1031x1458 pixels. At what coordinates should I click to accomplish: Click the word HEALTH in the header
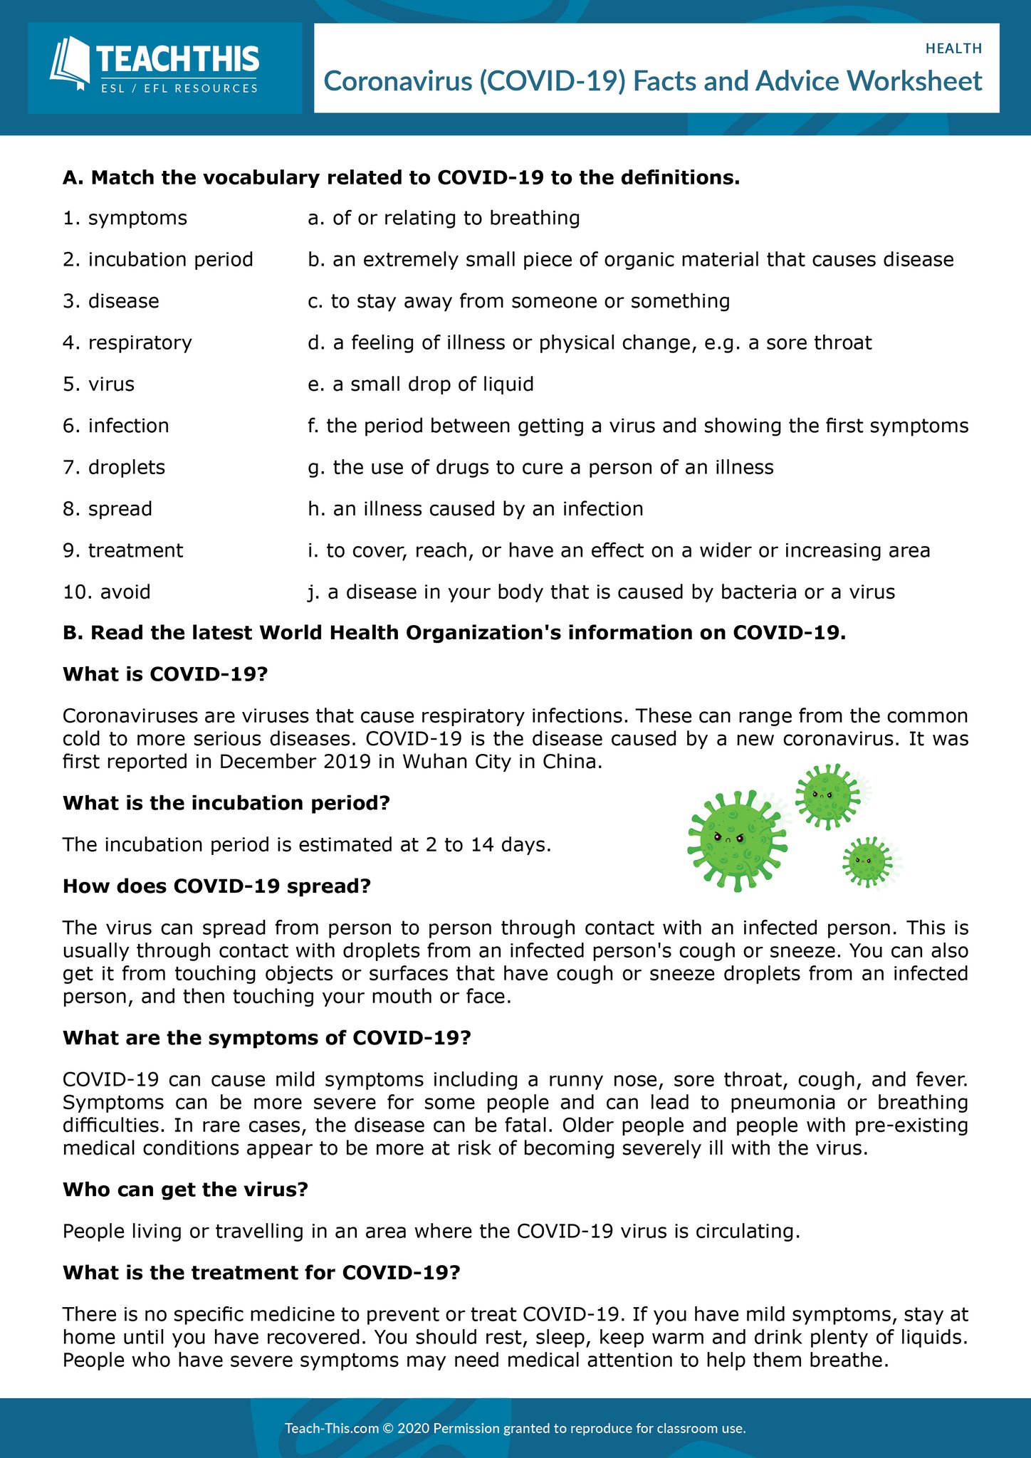click(953, 48)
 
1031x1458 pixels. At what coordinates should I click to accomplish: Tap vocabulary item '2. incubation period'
click(157, 259)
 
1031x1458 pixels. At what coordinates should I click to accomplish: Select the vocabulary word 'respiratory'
click(140, 342)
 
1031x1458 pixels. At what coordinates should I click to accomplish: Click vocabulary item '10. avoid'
click(107, 592)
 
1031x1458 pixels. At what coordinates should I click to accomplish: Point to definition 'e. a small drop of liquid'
click(420, 384)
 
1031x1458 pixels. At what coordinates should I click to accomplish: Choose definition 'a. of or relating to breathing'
click(444, 218)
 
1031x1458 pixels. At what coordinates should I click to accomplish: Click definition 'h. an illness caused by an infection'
click(475, 509)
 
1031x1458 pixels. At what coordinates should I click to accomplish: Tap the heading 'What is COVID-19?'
click(164, 674)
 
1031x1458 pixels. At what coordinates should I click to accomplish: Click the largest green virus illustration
click(737, 839)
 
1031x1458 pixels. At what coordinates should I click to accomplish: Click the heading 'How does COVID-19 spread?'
click(217, 886)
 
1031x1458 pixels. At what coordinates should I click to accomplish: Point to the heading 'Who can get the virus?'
click(185, 1190)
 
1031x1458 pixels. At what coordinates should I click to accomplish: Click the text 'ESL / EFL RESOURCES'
click(179, 88)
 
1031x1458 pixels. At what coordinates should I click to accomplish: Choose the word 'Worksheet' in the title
click(916, 81)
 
